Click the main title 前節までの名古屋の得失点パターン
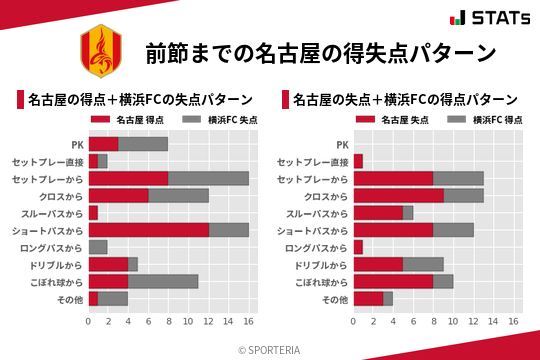pyautogui.click(x=320, y=52)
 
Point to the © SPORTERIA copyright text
pyautogui.click(x=270, y=350)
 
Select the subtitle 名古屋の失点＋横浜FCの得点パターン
pyautogui.click(x=404, y=100)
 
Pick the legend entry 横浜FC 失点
pyautogui.click(x=222, y=120)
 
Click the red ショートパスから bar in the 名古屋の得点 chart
pyautogui.click(x=148, y=230)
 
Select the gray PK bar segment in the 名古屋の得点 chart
pyautogui.click(x=143, y=144)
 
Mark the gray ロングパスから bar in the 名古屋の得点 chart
pyautogui.click(x=98, y=247)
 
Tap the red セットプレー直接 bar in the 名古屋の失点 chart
pyautogui.click(x=358, y=161)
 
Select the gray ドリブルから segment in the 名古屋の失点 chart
pyautogui.click(x=423, y=264)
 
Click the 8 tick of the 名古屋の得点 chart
pyautogui.click(x=168, y=321)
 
